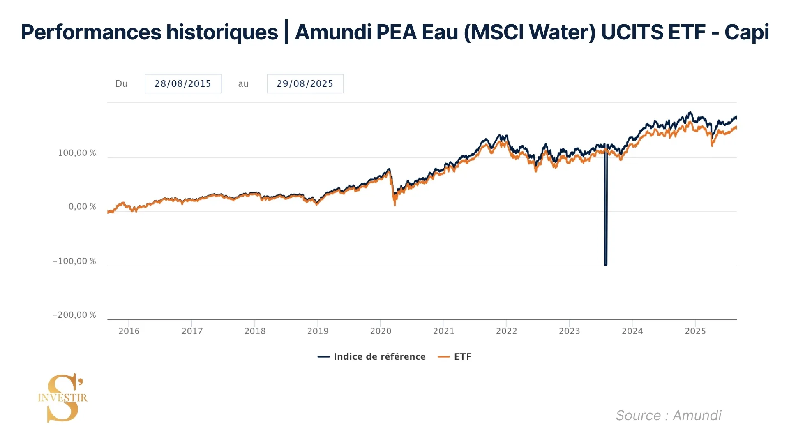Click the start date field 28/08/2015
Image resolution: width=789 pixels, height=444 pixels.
tap(183, 84)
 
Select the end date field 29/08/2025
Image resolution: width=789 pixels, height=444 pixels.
tap(305, 84)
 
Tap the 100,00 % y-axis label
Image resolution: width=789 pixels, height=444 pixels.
tap(77, 153)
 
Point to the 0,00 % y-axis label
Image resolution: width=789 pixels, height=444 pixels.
tap(82, 207)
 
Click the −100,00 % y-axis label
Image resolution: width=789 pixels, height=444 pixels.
tap(74, 261)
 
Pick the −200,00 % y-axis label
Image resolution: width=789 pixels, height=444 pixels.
tap(74, 315)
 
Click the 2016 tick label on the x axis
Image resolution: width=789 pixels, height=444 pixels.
tap(129, 331)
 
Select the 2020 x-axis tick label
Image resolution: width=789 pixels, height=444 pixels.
tap(381, 331)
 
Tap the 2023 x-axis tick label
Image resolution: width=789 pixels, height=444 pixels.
tap(569, 331)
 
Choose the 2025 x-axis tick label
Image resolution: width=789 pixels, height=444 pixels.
tap(695, 331)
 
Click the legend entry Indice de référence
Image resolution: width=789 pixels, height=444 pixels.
tap(379, 357)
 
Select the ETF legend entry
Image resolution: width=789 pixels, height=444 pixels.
tap(462, 357)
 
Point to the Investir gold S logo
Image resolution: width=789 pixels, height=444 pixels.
tap(63, 398)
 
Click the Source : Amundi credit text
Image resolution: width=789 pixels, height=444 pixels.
tap(668, 415)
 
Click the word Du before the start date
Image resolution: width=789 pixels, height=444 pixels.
tap(121, 84)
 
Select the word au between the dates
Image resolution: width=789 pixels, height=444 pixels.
tap(243, 84)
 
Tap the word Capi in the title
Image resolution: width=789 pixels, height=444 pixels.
tap(746, 32)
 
